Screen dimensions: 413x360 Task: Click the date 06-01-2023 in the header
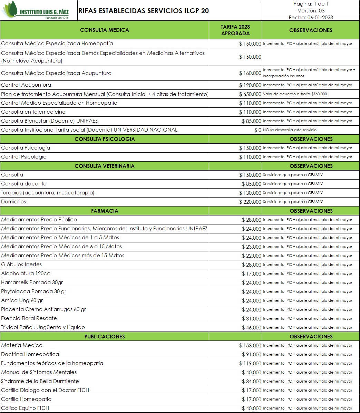pyautogui.click(x=311, y=18)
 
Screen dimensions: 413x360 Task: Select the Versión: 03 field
pyautogui.click(x=311, y=11)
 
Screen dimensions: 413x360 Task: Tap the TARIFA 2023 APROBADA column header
pyautogui.click(x=235, y=30)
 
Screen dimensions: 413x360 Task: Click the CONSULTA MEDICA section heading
pyautogui.click(x=104, y=30)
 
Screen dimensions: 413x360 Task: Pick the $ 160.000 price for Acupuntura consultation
pyautogui.click(x=250, y=73)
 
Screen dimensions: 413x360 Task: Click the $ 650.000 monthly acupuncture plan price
pyautogui.click(x=250, y=94)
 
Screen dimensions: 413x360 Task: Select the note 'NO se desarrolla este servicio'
pyautogui.click(x=290, y=130)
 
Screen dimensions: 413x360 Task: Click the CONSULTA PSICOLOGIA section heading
pyautogui.click(x=104, y=139)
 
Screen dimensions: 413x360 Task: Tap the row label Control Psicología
pyautogui.click(x=24, y=157)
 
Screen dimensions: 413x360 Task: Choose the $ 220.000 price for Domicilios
pyautogui.click(x=250, y=202)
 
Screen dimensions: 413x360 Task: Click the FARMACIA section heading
pyautogui.click(x=104, y=211)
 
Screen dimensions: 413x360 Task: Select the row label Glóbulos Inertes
pyautogui.click(x=21, y=265)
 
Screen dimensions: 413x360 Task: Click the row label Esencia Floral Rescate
pyautogui.click(x=29, y=318)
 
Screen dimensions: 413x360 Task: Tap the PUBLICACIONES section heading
pyautogui.click(x=104, y=337)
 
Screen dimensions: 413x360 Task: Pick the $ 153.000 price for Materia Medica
pyautogui.click(x=250, y=346)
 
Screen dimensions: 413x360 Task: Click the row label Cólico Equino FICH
pyautogui.click(x=25, y=408)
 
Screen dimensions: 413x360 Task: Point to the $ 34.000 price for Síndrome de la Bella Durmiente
pyautogui.click(x=252, y=382)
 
